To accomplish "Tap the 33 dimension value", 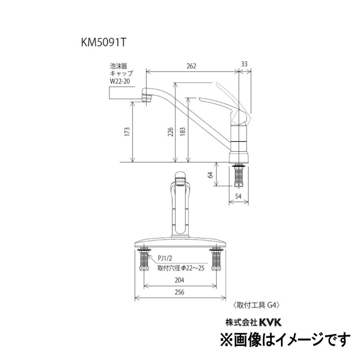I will (x=244, y=64).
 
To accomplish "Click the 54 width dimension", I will (x=239, y=196).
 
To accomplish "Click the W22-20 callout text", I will (x=120, y=81).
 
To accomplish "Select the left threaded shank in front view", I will (x=143, y=260).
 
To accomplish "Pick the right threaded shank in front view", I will (x=216, y=260).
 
